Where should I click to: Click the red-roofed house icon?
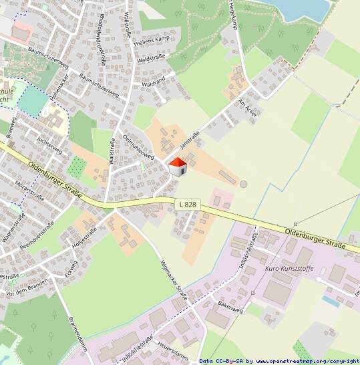(x=177, y=166)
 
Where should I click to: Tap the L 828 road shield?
(x=188, y=203)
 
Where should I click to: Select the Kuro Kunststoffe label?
(x=289, y=269)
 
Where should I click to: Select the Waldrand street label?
(x=154, y=82)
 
